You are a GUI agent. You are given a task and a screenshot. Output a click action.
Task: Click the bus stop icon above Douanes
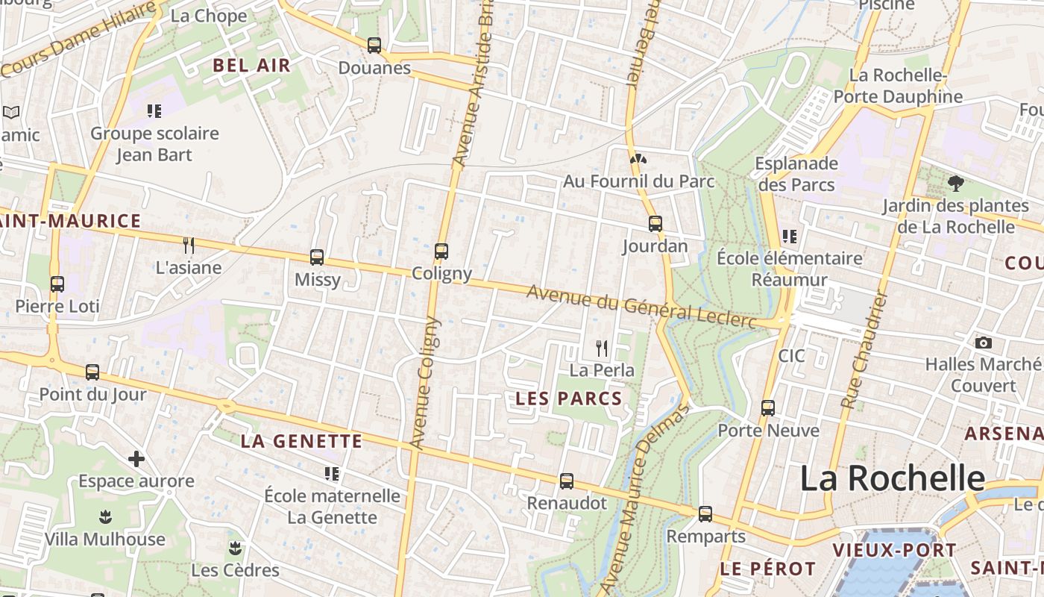click(x=374, y=46)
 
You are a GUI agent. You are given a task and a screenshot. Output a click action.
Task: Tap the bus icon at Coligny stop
click(x=441, y=251)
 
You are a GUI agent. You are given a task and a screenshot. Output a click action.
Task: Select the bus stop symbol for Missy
click(x=317, y=257)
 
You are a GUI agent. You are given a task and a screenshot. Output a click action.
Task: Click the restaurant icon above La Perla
click(x=602, y=348)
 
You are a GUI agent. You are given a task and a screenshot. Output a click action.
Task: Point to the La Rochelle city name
click(x=893, y=478)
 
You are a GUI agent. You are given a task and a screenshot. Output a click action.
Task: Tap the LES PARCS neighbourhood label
click(x=569, y=398)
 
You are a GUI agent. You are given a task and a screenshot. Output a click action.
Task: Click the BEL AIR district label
click(x=251, y=65)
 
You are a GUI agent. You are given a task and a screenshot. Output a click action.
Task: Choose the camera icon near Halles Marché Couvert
click(x=984, y=343)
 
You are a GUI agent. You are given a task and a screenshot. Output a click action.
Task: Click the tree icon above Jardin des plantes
click(x=955, y=183)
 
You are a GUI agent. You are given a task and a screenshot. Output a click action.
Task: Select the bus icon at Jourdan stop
click(x=655, y=223)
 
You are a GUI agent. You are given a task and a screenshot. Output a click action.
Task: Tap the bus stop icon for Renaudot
click(x=567, y=481)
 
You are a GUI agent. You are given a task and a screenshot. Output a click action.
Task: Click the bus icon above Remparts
click(x=705, y=514)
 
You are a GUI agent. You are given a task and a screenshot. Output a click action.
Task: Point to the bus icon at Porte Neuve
click(x=768, y=408)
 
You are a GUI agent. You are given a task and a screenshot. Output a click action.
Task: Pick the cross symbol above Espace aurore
click(x=136, y=458)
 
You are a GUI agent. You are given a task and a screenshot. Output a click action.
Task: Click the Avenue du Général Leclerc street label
click(x=641, y=307)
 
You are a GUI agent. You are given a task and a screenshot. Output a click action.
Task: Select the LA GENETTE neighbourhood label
click(x=301, y=441)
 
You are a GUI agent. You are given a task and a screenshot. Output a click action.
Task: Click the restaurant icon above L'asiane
click(x=189, y=245)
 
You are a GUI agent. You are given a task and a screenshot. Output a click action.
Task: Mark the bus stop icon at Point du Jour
click(x=92, y=372)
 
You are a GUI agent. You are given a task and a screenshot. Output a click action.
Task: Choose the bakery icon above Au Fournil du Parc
click(x=638, y=159)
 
